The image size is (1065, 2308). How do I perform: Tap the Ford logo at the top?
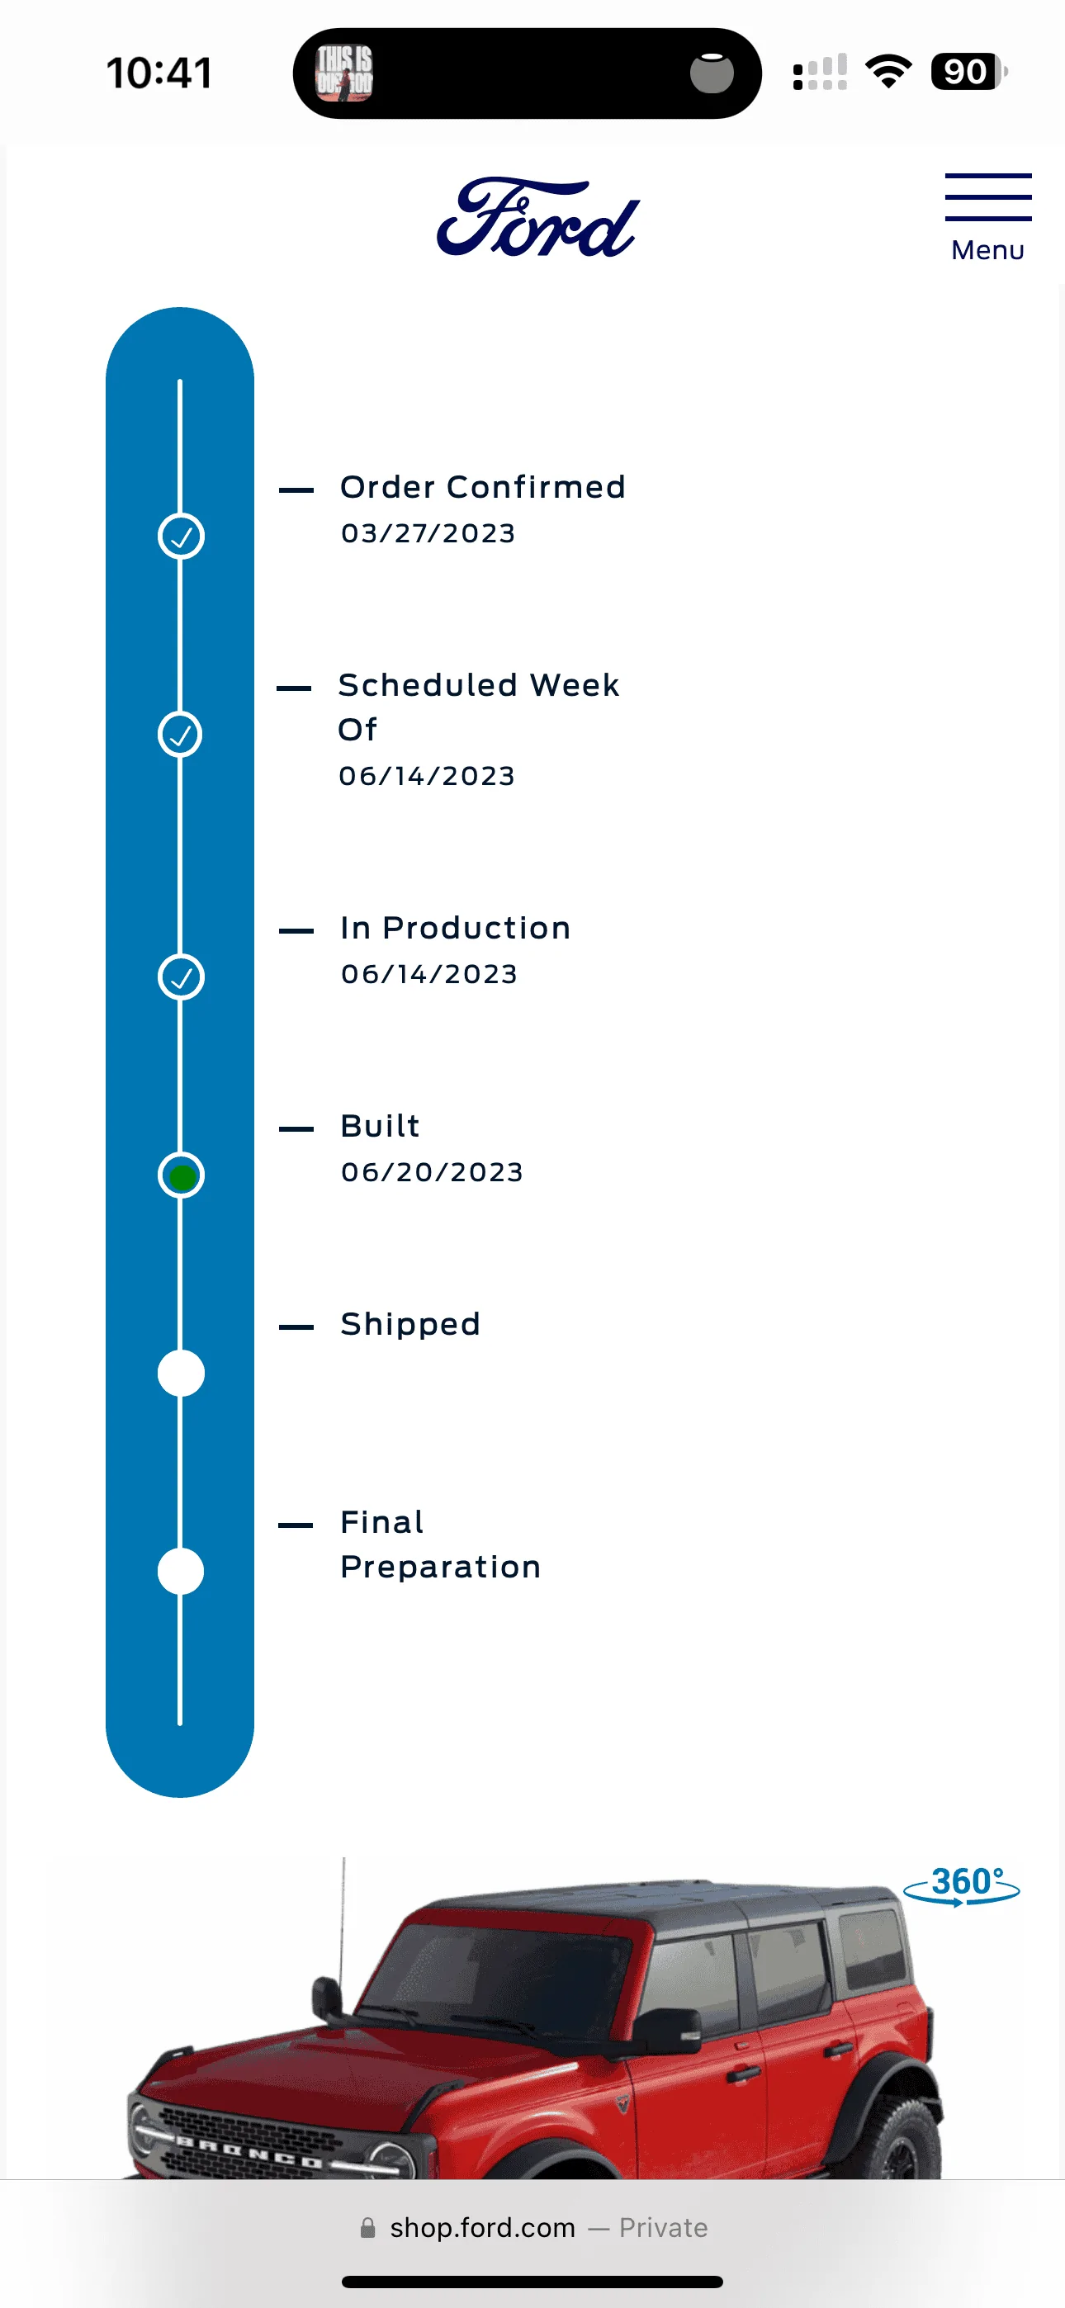pos(538,217)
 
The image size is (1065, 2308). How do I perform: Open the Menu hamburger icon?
pos(988,197)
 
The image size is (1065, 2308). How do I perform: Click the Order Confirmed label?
pos(482,486)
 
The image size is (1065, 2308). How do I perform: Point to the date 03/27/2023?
pos(428,533)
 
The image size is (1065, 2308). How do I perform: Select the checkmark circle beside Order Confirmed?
pos(181,536)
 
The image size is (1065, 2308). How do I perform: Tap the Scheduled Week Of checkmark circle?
pos(180,735)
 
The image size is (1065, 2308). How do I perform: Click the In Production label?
pos(456,927)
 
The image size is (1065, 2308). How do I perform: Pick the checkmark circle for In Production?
pos(181,977)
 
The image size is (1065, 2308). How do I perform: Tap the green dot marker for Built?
pos(182,1175)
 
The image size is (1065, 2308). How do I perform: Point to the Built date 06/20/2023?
pos(432,1172)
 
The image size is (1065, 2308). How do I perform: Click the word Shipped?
pos(410,1324)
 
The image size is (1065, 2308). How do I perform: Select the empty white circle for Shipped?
pos(181,1373)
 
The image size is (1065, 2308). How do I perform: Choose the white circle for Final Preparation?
pos(181,1571)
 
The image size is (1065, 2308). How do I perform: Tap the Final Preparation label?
pos(440,1544)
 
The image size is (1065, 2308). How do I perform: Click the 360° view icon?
pos(962,1885)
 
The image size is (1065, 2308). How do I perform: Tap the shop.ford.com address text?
pos(482,2227)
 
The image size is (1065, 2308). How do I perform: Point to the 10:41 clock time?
pos(159,73)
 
